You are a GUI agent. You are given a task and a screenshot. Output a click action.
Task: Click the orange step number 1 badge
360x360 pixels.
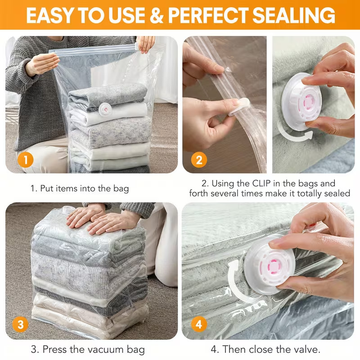(25, 160)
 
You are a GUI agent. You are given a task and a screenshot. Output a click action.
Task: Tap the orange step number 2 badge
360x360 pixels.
(199, 160)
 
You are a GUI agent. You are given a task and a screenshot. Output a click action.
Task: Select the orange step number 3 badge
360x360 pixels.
(20, 324)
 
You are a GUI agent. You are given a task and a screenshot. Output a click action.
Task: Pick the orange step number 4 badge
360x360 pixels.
(199, 324)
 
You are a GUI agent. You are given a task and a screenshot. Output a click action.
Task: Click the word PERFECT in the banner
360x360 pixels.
(208, 15)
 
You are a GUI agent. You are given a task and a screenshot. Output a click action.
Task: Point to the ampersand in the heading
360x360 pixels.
(156, 15)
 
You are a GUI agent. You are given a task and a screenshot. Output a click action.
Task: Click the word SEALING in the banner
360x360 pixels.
(294, 15)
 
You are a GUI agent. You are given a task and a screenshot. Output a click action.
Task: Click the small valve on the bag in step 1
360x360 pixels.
(105, 109)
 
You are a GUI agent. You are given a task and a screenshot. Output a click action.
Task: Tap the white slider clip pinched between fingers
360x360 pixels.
(239, 107)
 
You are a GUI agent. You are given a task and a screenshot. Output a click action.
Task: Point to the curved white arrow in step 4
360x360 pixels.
(232, 283)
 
